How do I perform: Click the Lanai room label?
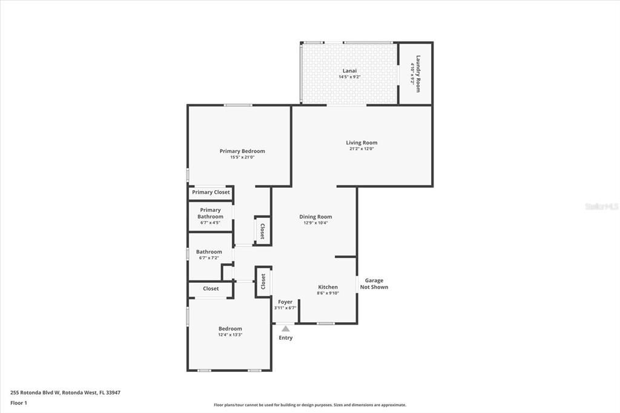349,70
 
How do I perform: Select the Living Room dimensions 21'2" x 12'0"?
361,149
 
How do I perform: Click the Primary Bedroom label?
242,151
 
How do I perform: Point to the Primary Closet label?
211,192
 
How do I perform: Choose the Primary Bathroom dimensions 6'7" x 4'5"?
211,223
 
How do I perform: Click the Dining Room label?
315,217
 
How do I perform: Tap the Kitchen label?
328,287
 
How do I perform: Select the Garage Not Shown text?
374,283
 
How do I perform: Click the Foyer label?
285,302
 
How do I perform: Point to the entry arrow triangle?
286,329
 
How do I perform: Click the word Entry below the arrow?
286,338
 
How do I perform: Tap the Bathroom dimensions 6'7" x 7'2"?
209,258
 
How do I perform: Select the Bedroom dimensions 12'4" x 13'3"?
230,335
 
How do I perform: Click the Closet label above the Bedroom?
211,289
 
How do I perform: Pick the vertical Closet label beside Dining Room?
262,231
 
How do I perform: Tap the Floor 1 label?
19,403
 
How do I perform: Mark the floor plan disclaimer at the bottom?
309,405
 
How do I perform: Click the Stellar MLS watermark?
601,206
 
